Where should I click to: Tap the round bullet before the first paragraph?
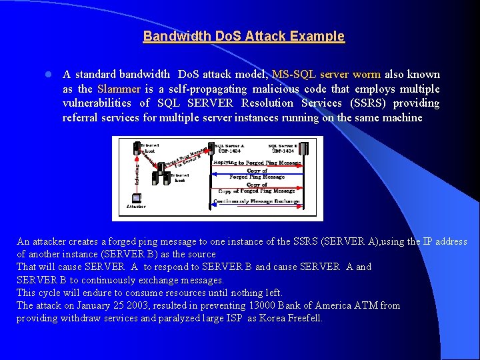pos(40,75)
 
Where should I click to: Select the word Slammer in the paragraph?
pos(119,89)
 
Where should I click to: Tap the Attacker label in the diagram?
pos(136,207)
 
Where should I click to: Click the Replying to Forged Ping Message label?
pos(256,162)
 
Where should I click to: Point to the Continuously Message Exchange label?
pos(256,201)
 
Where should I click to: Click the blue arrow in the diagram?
pos(256,174)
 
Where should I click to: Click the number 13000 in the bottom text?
pos(261,305)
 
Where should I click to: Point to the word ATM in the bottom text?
pos(369,305)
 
